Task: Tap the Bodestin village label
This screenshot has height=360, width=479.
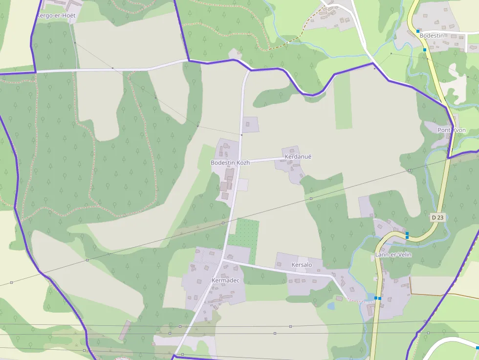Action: (432, 36)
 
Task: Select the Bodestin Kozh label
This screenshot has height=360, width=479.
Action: (230, 163)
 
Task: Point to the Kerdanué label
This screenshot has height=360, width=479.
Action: (298, 157)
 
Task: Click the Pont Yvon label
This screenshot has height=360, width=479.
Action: (452, 130)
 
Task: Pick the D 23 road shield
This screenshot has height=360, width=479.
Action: (437, 217)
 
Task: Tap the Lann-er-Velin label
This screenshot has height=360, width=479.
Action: (393, 254)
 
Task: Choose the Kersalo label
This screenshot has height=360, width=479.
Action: (302, 265)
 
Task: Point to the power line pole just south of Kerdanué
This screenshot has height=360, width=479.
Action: (311, 199)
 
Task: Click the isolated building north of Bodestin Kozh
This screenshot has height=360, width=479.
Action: (250, 124)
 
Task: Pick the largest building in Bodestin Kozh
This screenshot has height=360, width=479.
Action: (229, 174)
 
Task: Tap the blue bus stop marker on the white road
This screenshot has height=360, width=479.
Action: (478, 348)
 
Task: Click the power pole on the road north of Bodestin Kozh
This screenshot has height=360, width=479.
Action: (241, 134)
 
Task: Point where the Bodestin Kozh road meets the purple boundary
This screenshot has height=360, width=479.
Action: (250, 70)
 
